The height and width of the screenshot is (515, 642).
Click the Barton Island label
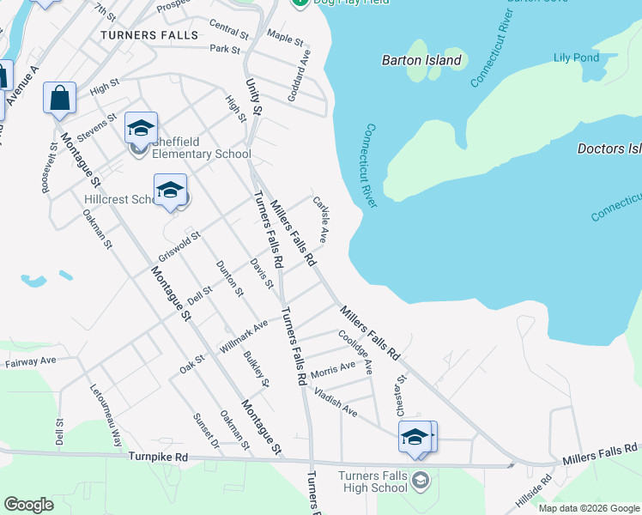click(421, 61)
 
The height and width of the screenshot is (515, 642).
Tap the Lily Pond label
click(576, 58)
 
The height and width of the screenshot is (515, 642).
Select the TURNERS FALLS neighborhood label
click(148, 35)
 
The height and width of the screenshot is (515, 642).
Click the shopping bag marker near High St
click(60, 99)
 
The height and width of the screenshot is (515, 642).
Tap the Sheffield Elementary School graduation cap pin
click(141, 129)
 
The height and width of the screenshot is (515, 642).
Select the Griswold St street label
click(179, 246)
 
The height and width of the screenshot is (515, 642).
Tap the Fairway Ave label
click(30, 362)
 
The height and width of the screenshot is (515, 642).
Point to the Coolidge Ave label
click(355, 352)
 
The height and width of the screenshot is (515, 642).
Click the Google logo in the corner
click(28, 505)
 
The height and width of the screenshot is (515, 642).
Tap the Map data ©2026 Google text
click(588, 508)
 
